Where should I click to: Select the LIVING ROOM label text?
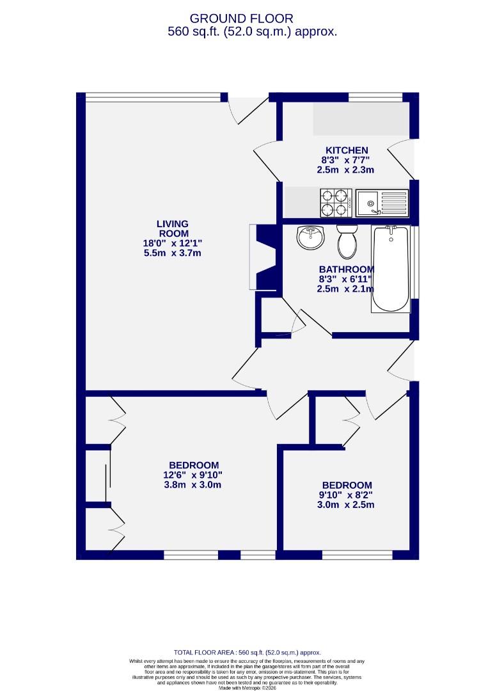[173, 228]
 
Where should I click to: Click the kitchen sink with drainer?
[382, 203]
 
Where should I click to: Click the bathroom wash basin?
[311, 239]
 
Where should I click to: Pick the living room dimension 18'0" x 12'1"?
[173, 243]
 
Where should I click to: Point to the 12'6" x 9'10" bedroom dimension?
[193, 475]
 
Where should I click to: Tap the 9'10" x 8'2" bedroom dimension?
[347, 495]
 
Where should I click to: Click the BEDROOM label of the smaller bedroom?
[347, 485]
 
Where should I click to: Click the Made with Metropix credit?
[247, 688]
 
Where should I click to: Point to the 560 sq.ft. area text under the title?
[252, 31]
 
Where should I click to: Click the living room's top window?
[153, 97]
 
